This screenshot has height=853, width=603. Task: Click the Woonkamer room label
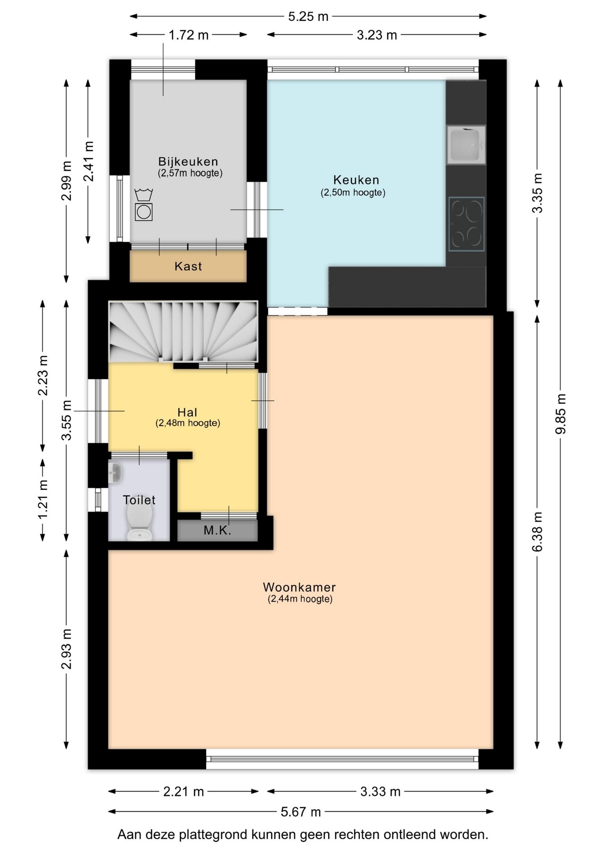(299, 587)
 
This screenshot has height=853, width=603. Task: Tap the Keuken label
(356, 180)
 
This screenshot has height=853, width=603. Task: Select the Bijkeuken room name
(188, 161)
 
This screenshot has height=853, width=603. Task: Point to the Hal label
(187, 412)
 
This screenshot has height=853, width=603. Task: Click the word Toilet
(139, 500)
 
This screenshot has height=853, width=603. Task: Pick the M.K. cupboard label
(218, 530)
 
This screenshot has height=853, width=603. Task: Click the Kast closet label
(188, 266)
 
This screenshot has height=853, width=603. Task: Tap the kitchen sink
(466, 145)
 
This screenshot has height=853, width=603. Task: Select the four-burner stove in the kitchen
(466, 224)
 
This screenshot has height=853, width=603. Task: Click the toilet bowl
(140, 523)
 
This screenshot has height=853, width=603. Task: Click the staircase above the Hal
(183, 332)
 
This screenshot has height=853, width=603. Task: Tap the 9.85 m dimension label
(561, 414)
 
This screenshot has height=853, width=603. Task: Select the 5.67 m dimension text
(301, 812)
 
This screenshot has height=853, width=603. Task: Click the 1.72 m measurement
(189, 35)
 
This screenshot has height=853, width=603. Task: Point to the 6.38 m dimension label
(538, 532)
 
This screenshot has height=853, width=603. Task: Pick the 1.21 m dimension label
(43, 499)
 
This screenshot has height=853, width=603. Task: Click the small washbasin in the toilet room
(115, 472)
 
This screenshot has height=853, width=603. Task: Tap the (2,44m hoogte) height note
(300, 599)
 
